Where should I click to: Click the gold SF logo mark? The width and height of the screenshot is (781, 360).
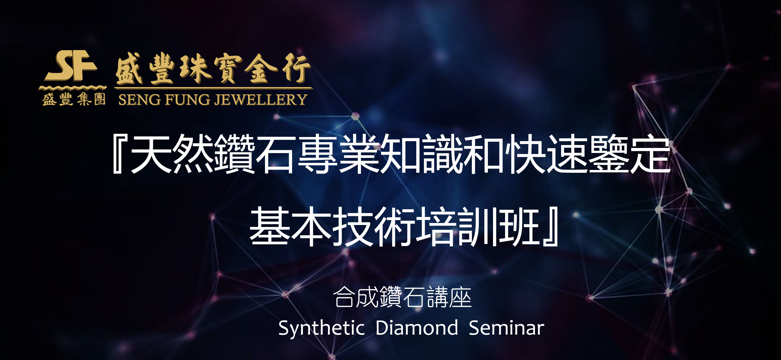pyautogui.click(x=71, y=66)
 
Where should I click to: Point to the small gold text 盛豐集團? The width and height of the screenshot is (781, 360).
pyautogui.click(x=74, y=99)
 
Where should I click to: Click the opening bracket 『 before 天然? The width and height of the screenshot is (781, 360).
pyautogui.click(x=118, y=154)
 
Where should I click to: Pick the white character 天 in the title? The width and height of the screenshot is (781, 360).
pyautogui.click(x=151, y=154)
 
